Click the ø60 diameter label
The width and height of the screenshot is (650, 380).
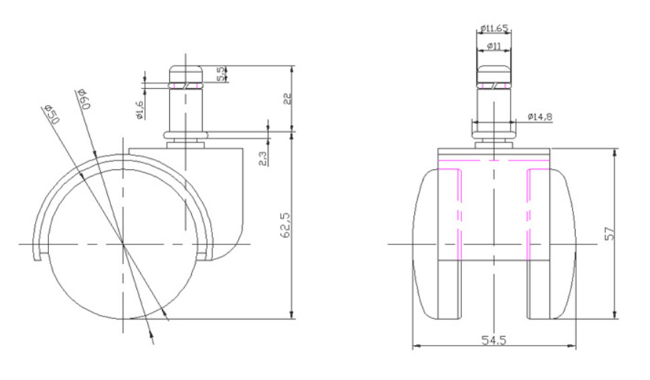[x=82, y=99]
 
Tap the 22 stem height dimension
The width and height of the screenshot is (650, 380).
[x=287, y=98]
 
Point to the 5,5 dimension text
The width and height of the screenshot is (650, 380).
[x=221, y=74]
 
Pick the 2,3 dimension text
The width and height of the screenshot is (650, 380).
[x=263, y=159]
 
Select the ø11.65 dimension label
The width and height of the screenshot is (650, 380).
[x=494, y=28]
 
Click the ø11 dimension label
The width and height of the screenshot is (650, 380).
[x=493, y=46]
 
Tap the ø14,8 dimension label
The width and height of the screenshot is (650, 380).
[x=540, y=117]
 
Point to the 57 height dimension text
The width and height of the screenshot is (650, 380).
[x=608, y=235]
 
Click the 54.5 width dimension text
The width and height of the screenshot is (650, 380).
[x=494, y=340]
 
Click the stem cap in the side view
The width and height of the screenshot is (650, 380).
[x=186, y=74]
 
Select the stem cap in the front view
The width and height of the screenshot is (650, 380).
[x=493, y=74]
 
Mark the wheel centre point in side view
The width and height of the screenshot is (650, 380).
[x=123, y=244]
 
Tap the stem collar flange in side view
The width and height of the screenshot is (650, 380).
[x=185, y=135]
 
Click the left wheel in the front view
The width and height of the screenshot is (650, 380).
[x=436, y=244]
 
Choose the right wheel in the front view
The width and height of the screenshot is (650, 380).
[x=552, y=244]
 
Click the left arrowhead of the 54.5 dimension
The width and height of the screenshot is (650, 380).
[x=417, y=346]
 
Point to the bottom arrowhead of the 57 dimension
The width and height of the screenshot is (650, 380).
[x=615, y=314]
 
